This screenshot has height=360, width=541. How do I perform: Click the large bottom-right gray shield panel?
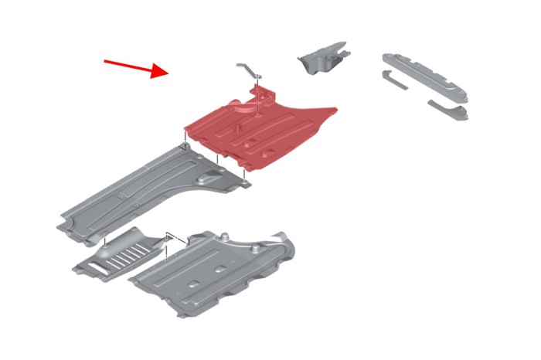coord(216,270)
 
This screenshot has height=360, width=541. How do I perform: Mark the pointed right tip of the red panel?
coord(337,109)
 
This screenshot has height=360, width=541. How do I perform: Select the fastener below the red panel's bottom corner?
coord(244,183)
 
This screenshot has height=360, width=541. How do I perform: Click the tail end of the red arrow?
coord(106,60)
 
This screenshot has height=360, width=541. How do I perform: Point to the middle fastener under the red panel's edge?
coord(218,161)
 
